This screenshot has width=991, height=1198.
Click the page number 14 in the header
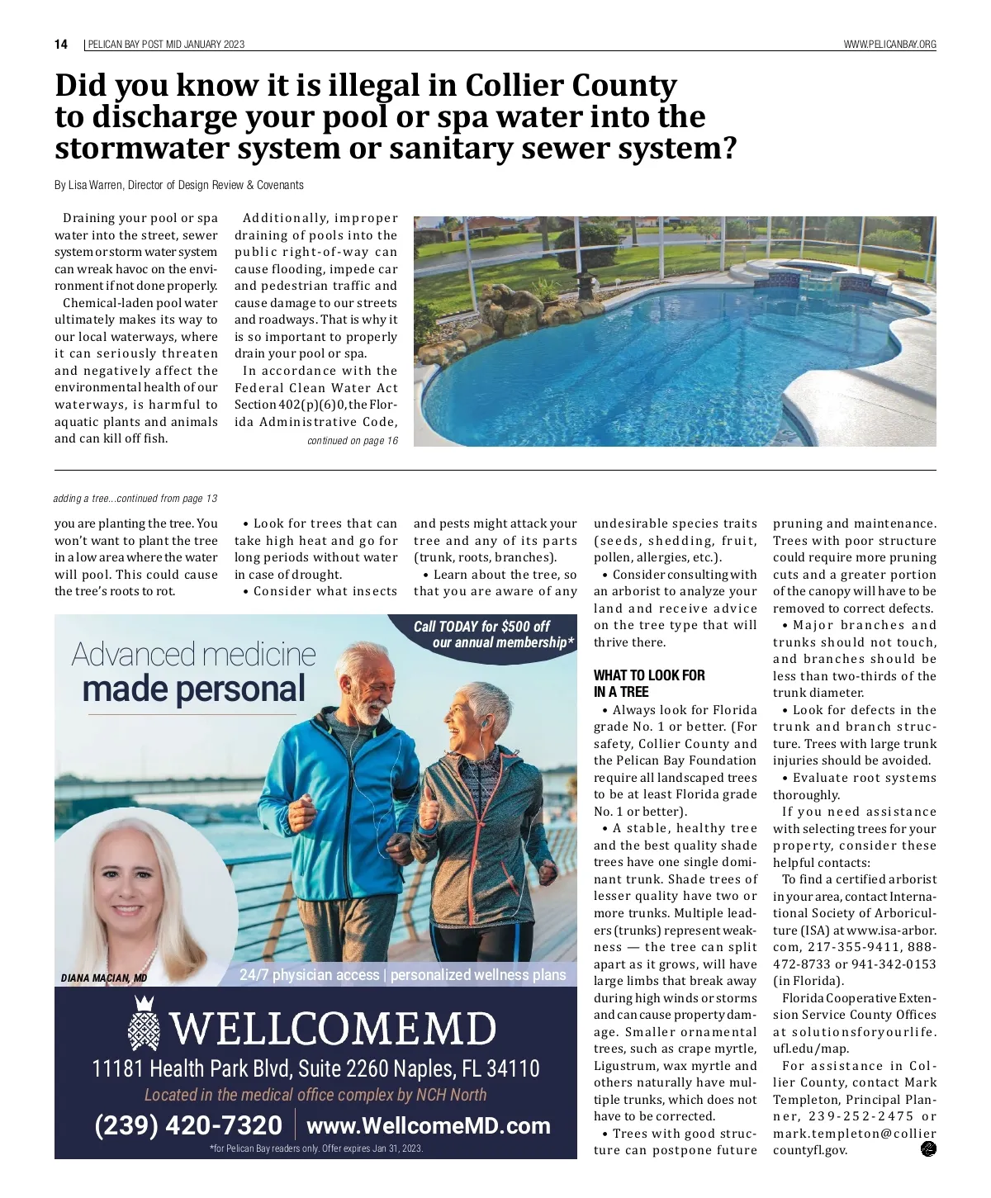61,45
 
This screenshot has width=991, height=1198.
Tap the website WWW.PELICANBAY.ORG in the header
889,45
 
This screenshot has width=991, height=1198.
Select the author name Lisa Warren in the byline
94,185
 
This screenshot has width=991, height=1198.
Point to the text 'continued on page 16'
352,441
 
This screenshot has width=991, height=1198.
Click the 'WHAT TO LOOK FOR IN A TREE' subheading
648,684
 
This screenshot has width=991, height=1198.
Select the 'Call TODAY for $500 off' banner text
481,627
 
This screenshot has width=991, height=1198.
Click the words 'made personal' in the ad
193,689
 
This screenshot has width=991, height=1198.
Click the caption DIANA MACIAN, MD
104,978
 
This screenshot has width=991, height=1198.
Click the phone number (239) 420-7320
188,1125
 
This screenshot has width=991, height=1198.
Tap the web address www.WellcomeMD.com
428,1125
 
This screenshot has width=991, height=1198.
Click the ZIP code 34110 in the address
512,1069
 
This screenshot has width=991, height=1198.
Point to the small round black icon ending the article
928,1148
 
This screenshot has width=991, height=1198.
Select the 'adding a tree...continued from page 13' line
135,499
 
